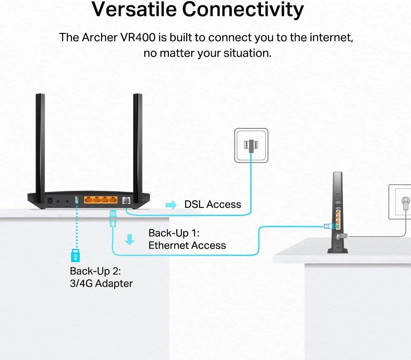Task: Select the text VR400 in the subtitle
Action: pyautogui.click(x=141, y=37)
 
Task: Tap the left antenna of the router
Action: pyautogui.click(x=40, y=144)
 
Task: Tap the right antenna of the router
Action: pyautogui.click(x=137, y=144)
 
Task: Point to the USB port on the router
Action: pyautogui.click(x=76, y=200)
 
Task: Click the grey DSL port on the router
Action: pyautogui.click(x=126, y=201)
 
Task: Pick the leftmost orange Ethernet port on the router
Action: pyautogui.click(x=89, y=201)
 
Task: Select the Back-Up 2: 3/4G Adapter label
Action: pyautogui.click(x=102, y=277)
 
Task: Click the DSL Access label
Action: pyautogui.click(x=212, y=204)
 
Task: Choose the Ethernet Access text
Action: pyautogui.click(x=187, y=246)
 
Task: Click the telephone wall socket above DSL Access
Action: pyautogui.click(x=251, y=144)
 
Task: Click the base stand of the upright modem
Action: pyautogui.click(x=338, y=250)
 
